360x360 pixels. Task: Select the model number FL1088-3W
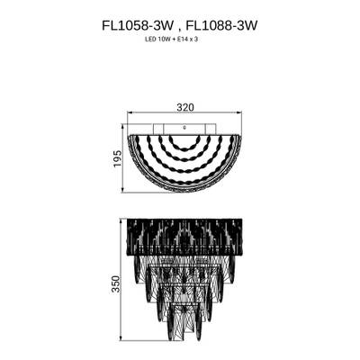(223, 27)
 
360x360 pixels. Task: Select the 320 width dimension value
(185, 106)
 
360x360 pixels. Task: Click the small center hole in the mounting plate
(185, 128)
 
